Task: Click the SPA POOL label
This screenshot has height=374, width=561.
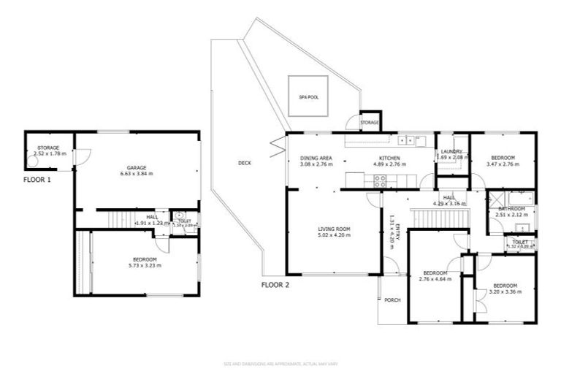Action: [x=308, y=96]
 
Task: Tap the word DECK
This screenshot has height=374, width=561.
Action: [x=245, y=163]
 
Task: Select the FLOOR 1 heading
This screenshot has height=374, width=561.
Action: [x=37, y=179]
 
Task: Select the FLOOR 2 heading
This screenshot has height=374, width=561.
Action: [x=276, y=285]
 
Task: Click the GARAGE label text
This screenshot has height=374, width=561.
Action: [x=138, y=168]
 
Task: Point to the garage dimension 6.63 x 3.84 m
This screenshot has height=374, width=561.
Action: [x=138, y=175]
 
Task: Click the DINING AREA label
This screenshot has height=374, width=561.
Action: [x=316, y=158]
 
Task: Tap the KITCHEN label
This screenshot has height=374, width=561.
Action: [x=389, y=158]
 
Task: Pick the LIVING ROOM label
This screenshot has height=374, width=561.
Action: [x=335, y=229]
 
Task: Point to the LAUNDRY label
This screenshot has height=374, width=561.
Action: [x=450, y=151]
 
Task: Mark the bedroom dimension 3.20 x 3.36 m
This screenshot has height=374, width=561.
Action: [x=505, y=291]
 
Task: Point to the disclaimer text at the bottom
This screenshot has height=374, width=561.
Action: [x=280, y=363]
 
